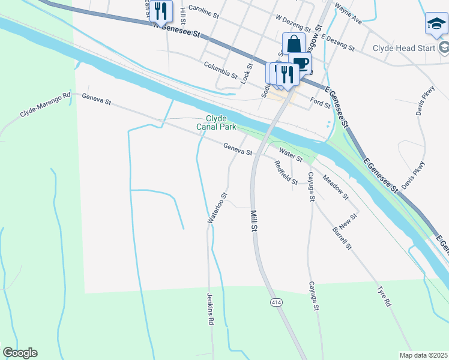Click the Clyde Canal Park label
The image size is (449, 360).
point(216,122)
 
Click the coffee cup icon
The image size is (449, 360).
point(300,64)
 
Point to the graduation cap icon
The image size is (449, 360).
point(436,23)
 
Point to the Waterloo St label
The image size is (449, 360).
point(217,208)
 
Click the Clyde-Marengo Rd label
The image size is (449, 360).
point(46,106)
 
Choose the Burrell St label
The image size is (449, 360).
point(342,238)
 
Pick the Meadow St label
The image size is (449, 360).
point(336,187)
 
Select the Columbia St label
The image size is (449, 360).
point(220,70)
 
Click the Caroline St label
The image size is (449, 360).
point(205,9)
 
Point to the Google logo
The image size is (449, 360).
point(20,353)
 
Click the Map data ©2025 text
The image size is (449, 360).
point(423,355)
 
